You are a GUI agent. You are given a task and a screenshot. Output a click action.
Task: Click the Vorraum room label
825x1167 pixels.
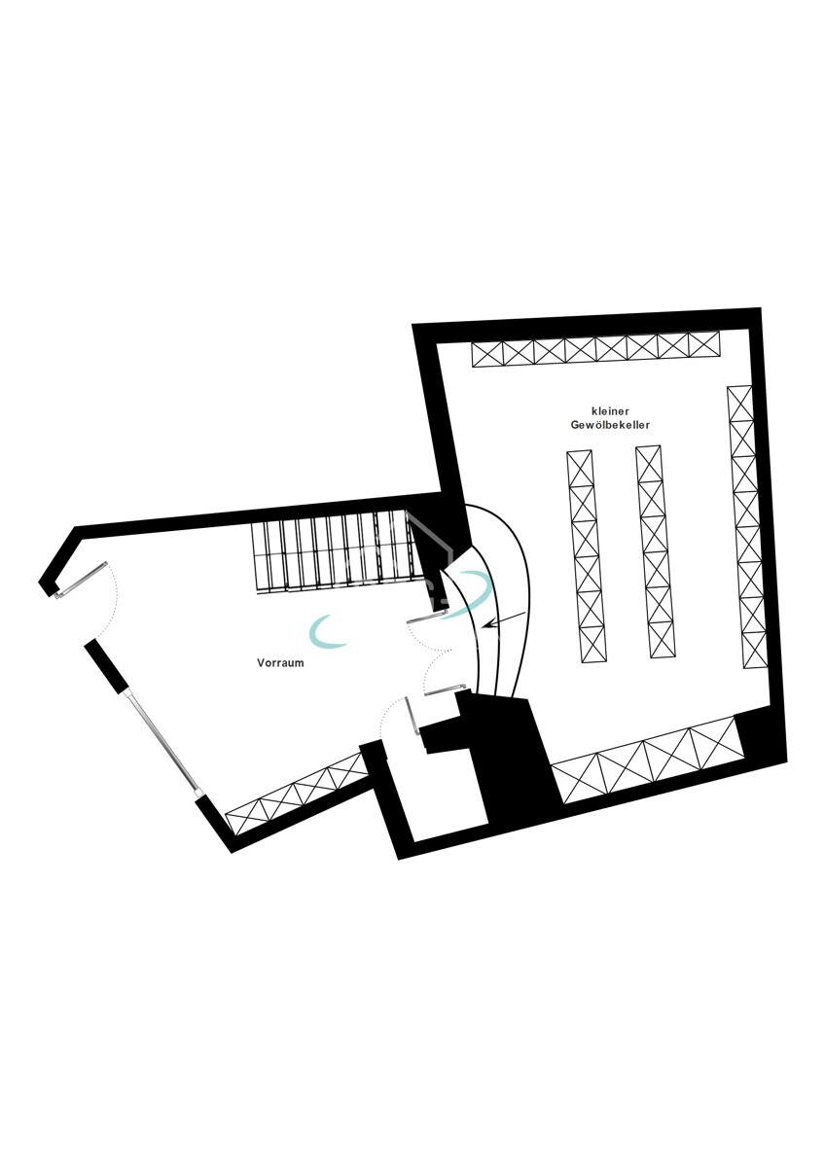point(280,663)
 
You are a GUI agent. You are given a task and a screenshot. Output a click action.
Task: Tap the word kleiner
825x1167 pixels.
point(610,410)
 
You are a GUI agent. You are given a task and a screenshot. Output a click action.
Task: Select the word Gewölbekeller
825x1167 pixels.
point(610,425)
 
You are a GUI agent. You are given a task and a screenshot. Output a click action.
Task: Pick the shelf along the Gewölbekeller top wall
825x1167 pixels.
point(595,349)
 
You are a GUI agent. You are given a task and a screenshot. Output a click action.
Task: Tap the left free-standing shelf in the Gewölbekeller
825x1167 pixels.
point(587,555)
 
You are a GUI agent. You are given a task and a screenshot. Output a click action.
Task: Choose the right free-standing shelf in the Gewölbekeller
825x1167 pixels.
point(655,551)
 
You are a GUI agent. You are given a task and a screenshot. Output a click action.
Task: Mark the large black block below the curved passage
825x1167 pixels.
point(510,763)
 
